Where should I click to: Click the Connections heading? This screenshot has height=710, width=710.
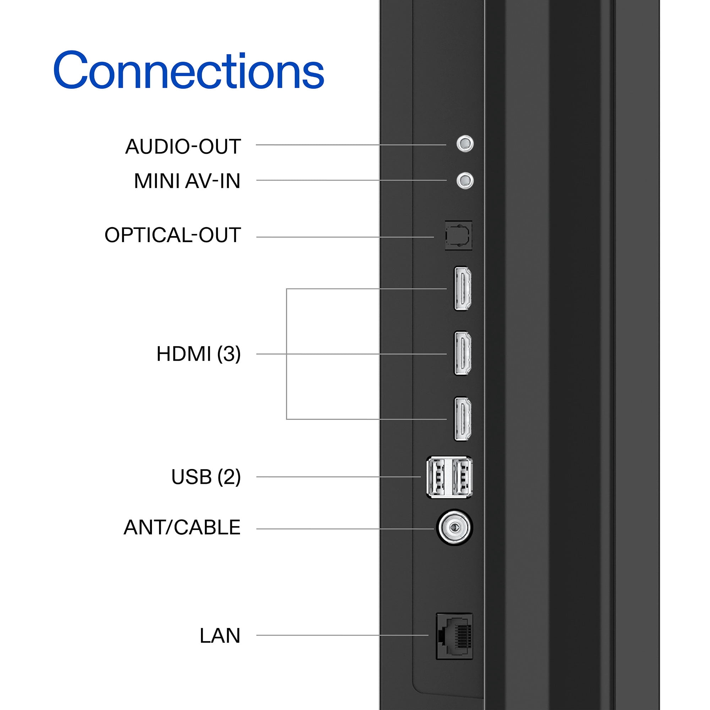point(189,70)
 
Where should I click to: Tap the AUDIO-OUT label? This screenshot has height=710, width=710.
point(183,146)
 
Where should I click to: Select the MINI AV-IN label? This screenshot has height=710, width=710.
point(187,181)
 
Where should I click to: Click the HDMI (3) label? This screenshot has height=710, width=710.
point(198,354)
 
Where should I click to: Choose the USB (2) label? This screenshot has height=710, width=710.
point(206,477)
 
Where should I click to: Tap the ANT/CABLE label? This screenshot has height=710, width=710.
point(182,528)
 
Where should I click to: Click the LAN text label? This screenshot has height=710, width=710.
point(220,635)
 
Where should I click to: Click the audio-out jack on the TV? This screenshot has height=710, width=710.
point(465,143)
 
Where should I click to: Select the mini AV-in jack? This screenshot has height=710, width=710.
point(465,180)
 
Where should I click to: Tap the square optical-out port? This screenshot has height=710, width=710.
point(458,235)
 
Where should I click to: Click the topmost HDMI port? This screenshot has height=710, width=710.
point(463,289)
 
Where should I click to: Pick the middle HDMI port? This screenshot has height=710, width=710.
point(463,354)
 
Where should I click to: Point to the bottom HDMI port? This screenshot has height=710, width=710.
point(463,419)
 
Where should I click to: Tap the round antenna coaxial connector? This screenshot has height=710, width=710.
point(455,528)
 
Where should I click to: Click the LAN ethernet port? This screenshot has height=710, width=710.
point(454,636)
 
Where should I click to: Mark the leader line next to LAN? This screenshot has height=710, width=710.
point(342,635)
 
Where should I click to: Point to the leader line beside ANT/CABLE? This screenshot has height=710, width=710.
point(345,529)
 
